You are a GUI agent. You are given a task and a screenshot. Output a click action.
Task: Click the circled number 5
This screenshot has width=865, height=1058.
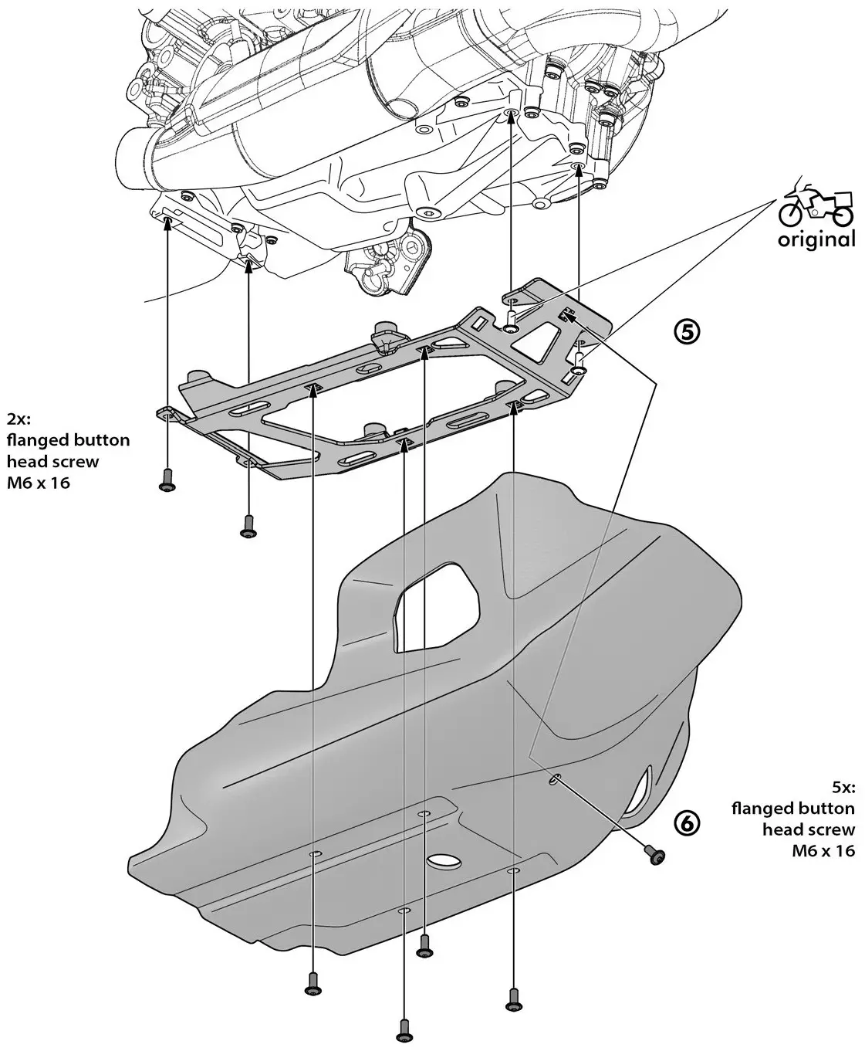(x=687, y=331)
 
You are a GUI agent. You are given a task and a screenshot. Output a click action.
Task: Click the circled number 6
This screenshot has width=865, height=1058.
(x=687, y=823)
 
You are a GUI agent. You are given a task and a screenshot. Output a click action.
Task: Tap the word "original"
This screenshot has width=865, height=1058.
(x=816, y=239)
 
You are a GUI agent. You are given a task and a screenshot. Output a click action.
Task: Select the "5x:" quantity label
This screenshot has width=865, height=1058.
(x=842, y=788)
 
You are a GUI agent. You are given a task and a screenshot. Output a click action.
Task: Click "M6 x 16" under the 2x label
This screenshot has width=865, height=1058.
(x=39, y=483)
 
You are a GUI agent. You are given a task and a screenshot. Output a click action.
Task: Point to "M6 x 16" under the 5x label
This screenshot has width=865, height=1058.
(x=823, y=851)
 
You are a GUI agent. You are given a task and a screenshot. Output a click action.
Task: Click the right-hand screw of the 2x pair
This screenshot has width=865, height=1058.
(x=248, y=525)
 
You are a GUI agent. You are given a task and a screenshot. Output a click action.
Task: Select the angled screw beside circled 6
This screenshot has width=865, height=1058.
(x=656, y=855)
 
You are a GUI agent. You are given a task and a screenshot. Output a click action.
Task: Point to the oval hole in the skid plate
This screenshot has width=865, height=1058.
(x=443, y=860)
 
